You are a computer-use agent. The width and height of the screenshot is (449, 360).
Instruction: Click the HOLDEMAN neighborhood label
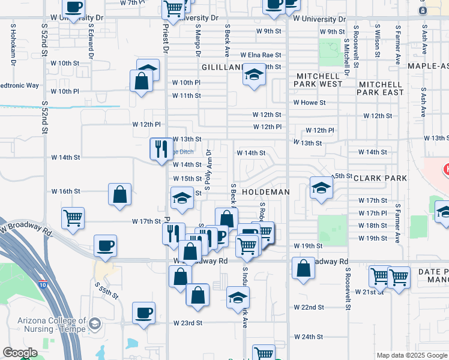pos(266,191)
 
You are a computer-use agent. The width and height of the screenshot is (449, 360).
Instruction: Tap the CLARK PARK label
pos(380,178)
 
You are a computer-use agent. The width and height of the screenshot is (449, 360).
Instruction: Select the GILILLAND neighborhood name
pos(221,67)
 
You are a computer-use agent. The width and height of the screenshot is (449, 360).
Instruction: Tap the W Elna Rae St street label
pos(261,55)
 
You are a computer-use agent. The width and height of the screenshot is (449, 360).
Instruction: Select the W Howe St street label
pos(309,103)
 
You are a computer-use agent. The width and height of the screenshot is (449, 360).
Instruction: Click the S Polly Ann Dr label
pos(208,170)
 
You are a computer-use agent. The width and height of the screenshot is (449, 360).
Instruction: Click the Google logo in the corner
pos(20,353)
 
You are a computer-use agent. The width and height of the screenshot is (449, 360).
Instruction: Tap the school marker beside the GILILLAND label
pos(255,75)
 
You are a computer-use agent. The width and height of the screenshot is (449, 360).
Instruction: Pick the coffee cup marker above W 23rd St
pos(144,313)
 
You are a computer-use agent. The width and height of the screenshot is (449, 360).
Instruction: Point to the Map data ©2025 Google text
pos(411,355)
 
